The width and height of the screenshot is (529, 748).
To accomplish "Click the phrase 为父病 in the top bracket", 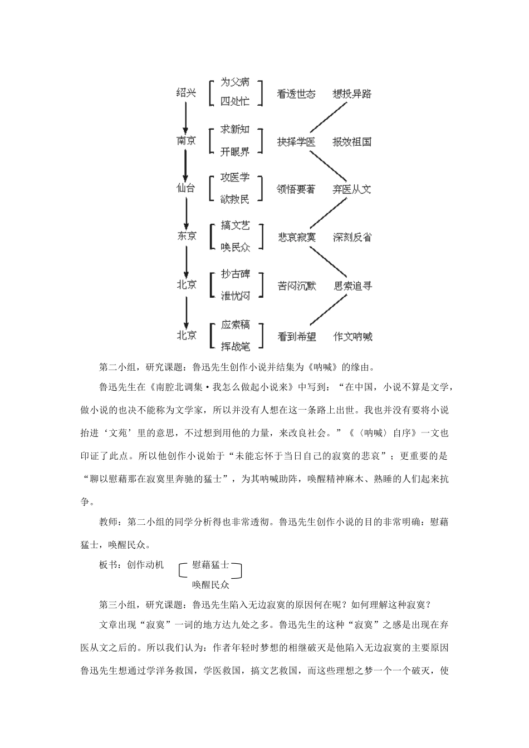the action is click(235, 82).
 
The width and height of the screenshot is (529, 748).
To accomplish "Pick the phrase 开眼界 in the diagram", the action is click(235, 151).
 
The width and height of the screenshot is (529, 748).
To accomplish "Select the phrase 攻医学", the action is click(235, 178).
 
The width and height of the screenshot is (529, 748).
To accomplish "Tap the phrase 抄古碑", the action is click(235, 274).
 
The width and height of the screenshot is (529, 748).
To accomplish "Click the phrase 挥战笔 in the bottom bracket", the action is click(235, 346).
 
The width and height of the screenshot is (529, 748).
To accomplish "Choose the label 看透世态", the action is click(296, 93).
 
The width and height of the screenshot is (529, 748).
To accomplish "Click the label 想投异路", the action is click(351, 93).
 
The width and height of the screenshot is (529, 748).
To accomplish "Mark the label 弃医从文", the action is click(351, 189).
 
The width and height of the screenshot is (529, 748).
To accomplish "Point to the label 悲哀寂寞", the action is click(296, 237).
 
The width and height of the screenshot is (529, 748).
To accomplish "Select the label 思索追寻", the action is click(352, 286).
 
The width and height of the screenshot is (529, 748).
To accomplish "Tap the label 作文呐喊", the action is click(352, 336).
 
